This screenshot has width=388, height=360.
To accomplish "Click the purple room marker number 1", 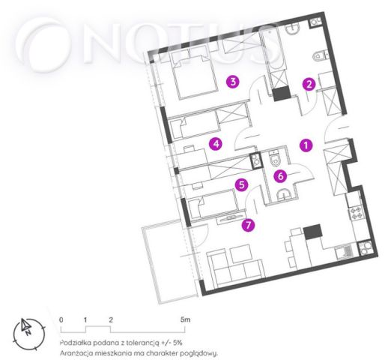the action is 306,145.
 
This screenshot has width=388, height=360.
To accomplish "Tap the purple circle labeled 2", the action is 309,84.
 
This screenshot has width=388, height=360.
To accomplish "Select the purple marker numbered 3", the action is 233,82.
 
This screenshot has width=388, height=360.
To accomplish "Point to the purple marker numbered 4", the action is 216,144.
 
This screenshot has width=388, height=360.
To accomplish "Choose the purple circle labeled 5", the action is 242,184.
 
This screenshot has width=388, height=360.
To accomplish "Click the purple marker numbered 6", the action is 281,176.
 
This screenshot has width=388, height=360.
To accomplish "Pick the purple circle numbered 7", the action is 248,225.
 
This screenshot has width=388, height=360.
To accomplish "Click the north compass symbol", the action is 29,334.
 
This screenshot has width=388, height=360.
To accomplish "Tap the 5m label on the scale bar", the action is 186,319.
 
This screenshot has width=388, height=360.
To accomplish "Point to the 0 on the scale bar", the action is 61,319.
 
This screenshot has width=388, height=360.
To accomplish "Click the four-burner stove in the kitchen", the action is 356,212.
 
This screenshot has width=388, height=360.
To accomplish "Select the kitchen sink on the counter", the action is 345,251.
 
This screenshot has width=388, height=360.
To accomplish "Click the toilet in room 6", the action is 275,158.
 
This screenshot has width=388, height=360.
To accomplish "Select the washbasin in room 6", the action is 284,194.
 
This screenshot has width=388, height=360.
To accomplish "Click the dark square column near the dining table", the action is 312,232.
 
